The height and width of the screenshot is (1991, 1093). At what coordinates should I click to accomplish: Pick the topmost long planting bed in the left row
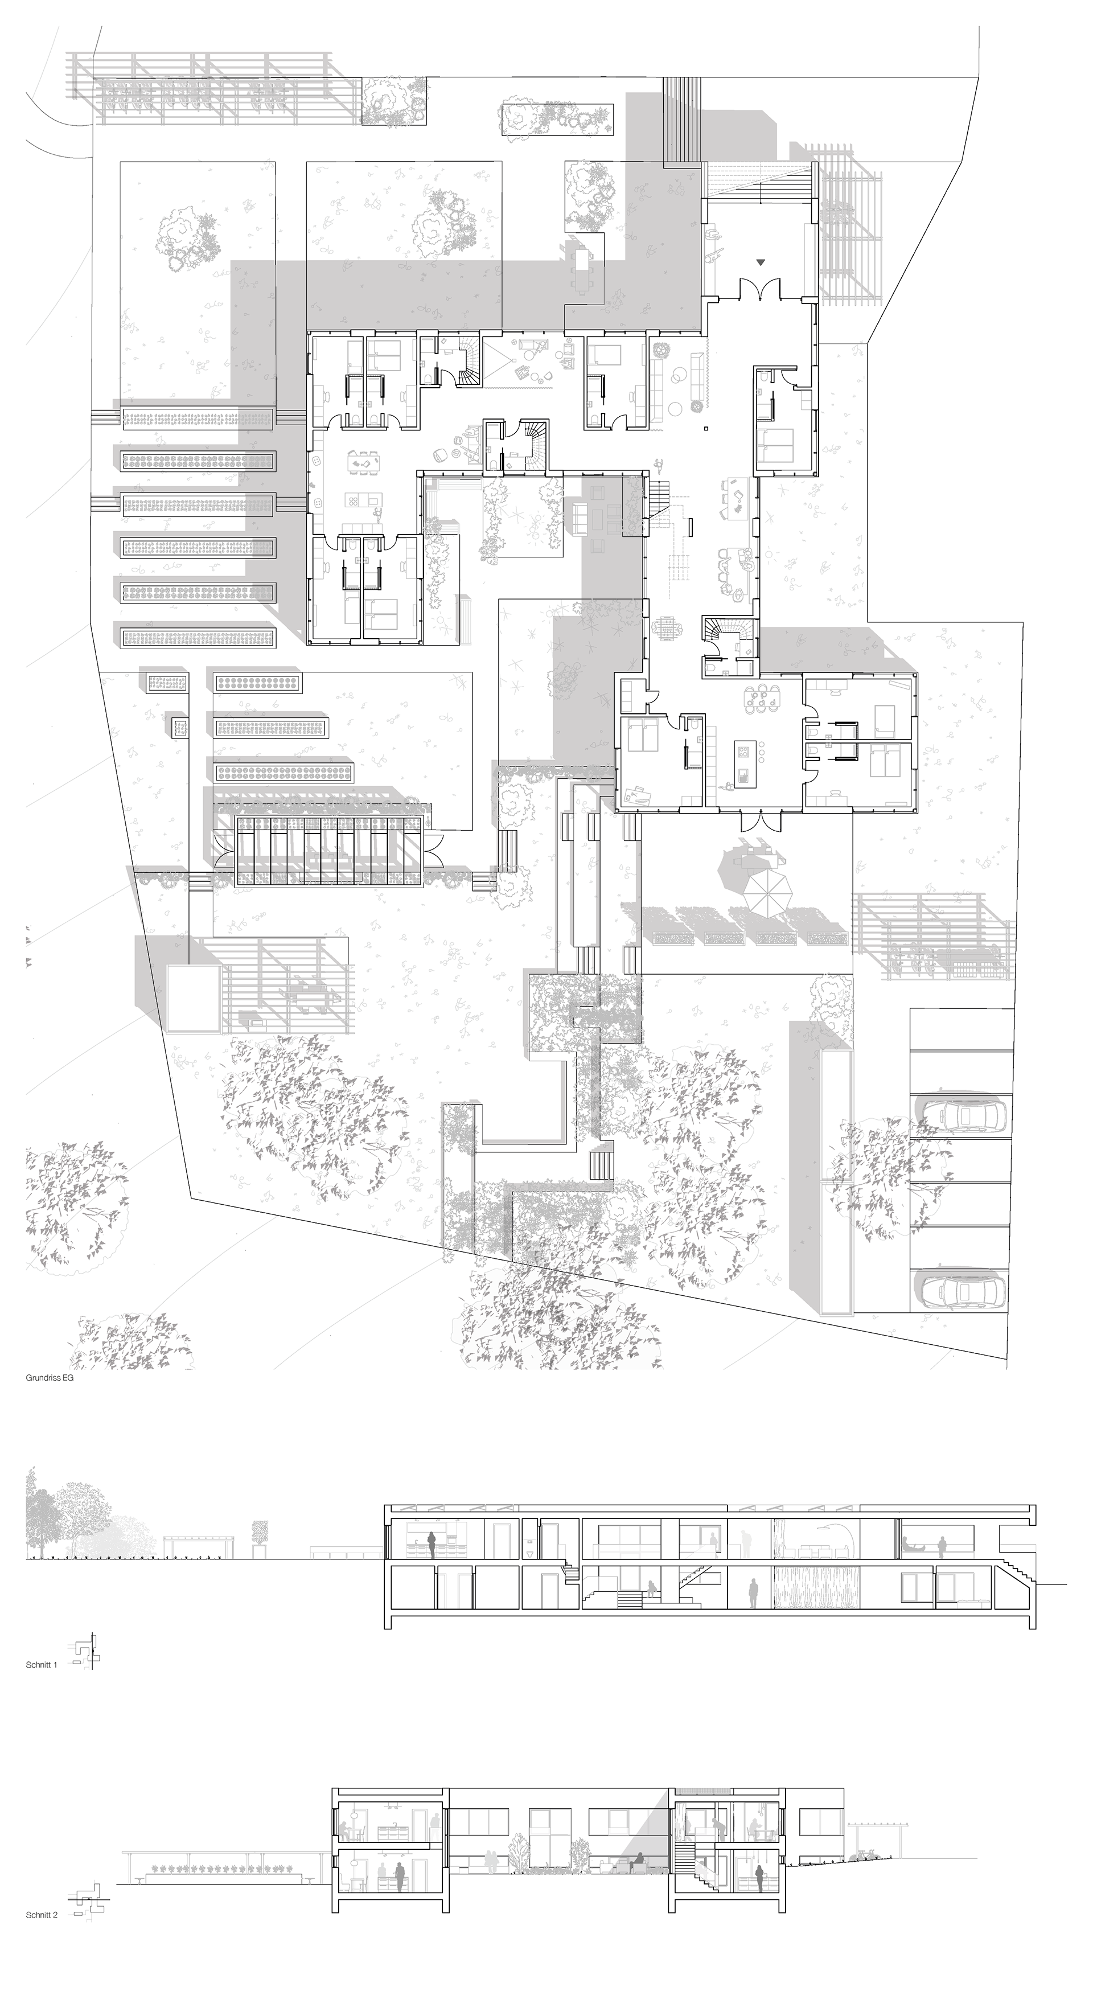pyautogui.click(x=198, y=418)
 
